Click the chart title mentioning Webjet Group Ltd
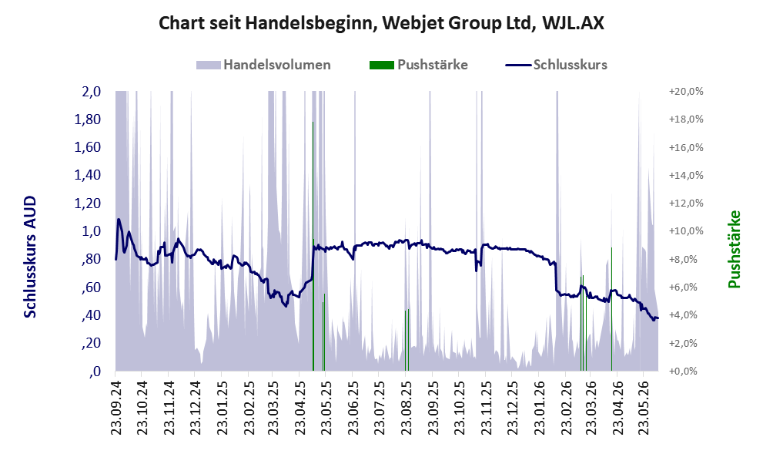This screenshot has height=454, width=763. pos(382,23)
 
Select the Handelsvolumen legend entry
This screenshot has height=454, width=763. pos(263,65)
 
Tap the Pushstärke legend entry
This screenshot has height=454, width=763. pos(419,65)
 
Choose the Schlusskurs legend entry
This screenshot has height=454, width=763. pos(556,65)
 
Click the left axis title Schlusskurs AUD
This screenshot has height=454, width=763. pos(30,257)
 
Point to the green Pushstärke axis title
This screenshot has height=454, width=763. pos(735,249)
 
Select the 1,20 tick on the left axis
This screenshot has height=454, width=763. pos(87,203)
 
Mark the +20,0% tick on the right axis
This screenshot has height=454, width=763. pos(686,92)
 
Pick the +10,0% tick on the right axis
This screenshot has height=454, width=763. pos(686,231)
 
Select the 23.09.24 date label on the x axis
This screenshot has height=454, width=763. pos(115,405)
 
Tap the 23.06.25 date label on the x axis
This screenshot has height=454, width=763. pos(353,405)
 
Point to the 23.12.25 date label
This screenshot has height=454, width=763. pos(511,405)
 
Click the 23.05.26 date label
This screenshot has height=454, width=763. pos(644,405)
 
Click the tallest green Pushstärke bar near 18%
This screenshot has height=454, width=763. pos(313,246)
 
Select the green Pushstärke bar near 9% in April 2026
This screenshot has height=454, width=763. pos(611,309)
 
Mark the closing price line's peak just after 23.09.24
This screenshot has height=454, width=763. pos(119,219)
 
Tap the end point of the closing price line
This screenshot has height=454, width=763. pos(658,318)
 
